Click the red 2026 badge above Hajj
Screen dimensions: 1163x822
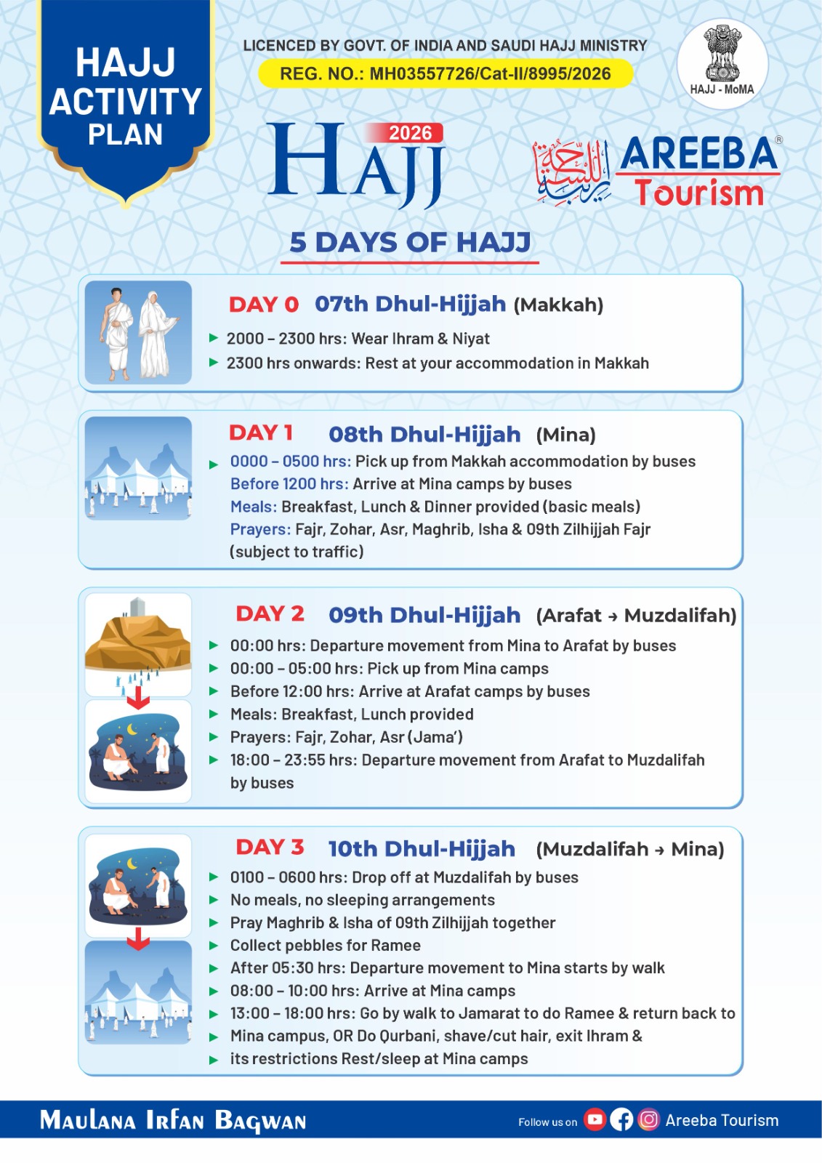(410, 133)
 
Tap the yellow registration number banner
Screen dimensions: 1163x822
(445, 73)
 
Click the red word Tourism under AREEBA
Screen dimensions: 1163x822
(698, 193)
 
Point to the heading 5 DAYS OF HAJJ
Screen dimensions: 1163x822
(410, 243)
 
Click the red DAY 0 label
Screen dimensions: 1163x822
(264, 305)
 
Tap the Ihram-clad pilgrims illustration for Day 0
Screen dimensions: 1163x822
(138, 333)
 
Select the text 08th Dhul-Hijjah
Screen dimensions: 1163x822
(424, 435)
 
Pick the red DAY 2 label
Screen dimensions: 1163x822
(270, 614)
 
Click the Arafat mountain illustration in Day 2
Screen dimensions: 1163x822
(138, 637)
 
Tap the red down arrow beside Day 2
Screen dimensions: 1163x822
(138, 700)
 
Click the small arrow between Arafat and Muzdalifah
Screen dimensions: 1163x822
(613, 616)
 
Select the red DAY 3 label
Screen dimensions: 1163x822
(270, 848)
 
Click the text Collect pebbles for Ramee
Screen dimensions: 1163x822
(326, 946)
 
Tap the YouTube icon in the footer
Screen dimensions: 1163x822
(595, 1119)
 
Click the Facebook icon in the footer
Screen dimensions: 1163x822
(621, 1119)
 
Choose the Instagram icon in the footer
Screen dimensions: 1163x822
(648, 1119)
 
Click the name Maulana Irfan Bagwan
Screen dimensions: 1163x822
(173, 1120)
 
